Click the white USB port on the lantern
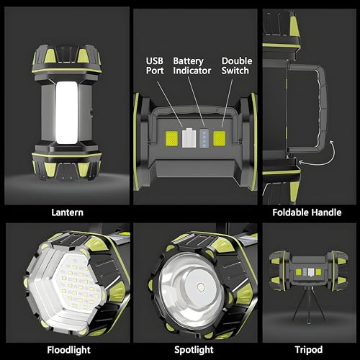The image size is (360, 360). [189, 138]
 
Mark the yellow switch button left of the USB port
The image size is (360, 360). [173, 138]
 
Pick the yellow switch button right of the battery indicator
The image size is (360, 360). [219, 138]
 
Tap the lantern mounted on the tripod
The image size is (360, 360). [308, 273]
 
